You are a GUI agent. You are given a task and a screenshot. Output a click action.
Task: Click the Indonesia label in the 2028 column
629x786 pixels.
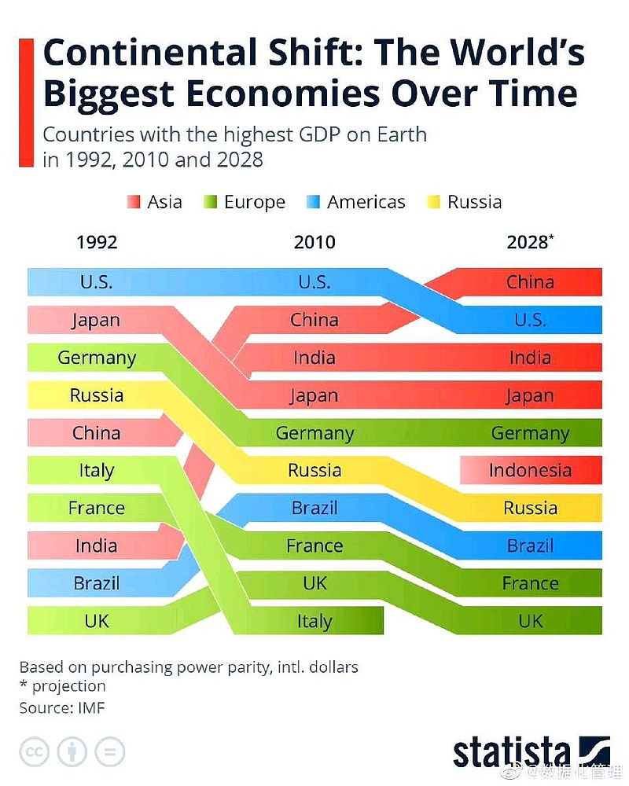click(530, 470)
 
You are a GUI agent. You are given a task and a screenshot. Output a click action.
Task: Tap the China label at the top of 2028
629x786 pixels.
click(530, 281)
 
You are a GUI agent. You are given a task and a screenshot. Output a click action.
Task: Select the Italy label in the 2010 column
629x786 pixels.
click(314, 621)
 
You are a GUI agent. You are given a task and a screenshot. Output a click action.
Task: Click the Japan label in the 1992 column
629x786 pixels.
click(96, 320)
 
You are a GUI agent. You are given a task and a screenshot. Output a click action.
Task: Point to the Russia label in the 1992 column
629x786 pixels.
click(96, 395)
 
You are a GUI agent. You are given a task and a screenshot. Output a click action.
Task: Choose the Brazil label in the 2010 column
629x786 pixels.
click(314, 508)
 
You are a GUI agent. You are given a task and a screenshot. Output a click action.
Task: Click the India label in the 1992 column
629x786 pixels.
click(96, 545)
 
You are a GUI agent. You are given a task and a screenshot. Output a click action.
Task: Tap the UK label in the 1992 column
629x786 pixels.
click(96, 621)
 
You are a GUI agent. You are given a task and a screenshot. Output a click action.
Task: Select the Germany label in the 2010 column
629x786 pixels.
click(314, 432)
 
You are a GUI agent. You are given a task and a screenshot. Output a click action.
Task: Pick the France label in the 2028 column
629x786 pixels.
click(530, 583)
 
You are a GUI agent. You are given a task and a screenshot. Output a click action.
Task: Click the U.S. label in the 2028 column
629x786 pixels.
click(530, 320)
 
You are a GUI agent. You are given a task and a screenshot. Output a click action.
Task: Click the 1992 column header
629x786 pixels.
click(97, 242)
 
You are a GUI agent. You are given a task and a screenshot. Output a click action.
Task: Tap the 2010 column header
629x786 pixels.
click(314, 242)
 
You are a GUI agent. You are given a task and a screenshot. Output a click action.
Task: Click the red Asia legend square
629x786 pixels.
click(133, 202)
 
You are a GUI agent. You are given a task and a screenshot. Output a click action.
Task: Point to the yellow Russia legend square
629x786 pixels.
click(433, 202)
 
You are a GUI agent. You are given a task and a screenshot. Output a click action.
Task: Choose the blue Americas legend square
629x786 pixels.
click(313, 202)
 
